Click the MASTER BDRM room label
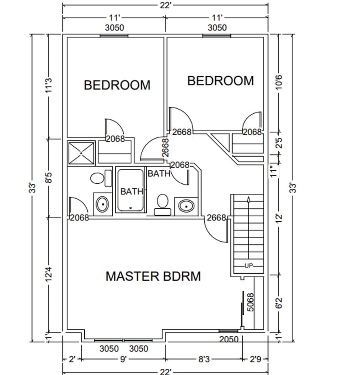tap(153, 276)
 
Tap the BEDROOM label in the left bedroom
tap(117, 85)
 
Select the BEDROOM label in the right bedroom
tap(220, 80)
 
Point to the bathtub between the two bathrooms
tap(131, 190)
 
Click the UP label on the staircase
tap(249, 265)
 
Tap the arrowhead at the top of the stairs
tap(249, 199)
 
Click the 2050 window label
tap(229, 339)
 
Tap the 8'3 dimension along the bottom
tap(204, 359)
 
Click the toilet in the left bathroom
tap(97, 179)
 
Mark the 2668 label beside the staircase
tap(217, 217)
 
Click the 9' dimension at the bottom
tap(123, 359)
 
